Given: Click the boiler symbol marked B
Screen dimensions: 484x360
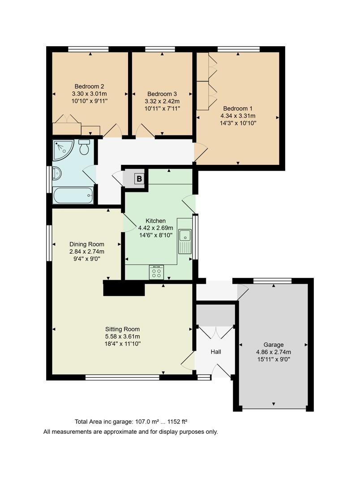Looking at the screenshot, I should point(139,179).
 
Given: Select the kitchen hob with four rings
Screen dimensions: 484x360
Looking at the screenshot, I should point(157,272).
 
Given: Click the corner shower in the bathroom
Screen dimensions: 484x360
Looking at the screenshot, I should point(63,150).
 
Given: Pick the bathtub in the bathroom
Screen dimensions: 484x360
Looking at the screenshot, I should point(73,196).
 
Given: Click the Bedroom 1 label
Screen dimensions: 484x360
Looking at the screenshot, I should point(238,108).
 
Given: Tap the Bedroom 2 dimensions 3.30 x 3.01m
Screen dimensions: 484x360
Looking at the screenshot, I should point(90,94).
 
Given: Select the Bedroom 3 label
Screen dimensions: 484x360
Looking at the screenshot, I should point(162,94).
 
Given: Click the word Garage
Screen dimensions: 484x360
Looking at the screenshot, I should point(273,345).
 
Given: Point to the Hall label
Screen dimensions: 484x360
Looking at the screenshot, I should point(216,352).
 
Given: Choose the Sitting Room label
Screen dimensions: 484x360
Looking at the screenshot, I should point(123,328).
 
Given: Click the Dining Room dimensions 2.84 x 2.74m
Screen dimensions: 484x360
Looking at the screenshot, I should point(87,251).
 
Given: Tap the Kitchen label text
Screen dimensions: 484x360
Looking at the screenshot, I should point(156,221).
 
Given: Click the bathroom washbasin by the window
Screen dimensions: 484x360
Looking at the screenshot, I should point(56,173).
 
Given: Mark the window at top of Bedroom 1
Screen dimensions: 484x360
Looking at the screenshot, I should point(239,49).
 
